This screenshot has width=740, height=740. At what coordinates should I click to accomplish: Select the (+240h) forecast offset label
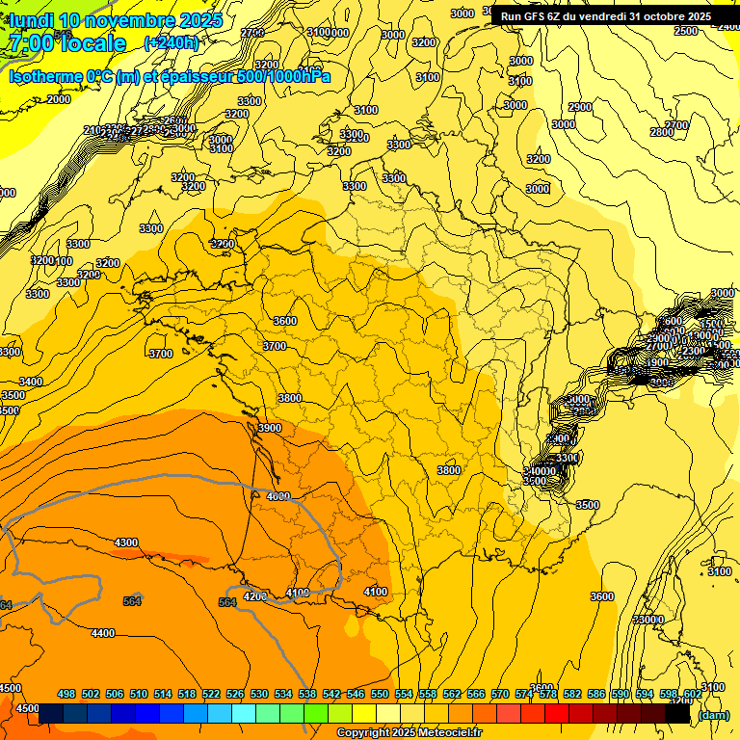[x=171, y=43]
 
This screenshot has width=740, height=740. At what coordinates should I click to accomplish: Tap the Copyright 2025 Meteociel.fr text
[x=408, y=733]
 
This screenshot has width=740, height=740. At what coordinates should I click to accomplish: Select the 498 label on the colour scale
[x=66, y=694]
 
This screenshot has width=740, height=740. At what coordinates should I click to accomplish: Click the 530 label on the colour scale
[x=259, y=694]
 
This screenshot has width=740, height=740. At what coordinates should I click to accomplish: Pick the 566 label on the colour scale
[x=476, y=694]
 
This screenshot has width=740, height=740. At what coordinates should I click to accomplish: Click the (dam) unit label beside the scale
[x=714, y=715]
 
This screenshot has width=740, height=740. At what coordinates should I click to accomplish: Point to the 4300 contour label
[x=126, y=542]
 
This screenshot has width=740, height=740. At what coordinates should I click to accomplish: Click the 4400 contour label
[x=102, y=633]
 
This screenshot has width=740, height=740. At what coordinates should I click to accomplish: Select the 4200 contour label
[x=254, y=596]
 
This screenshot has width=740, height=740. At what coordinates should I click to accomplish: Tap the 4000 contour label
[x=278, y=496]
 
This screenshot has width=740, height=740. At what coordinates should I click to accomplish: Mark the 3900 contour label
[x=269, y=429]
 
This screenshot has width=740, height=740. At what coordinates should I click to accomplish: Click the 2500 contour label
[x=685, y=32]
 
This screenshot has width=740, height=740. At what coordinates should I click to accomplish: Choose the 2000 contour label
[x=59, y=99]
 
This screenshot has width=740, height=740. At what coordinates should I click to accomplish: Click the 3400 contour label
[x=31, y=382]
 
